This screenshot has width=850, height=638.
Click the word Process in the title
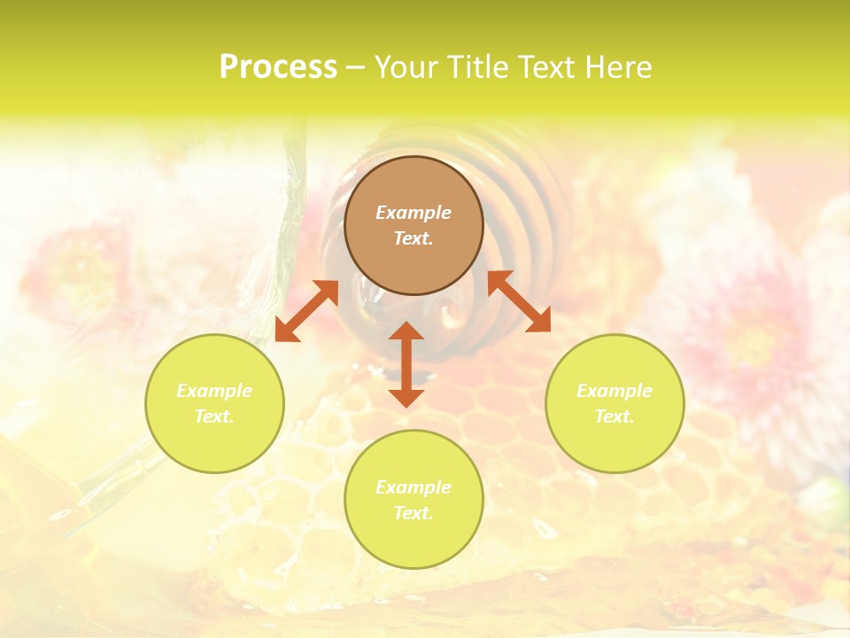(x=278, y=67)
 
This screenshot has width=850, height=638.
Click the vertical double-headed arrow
(x=406, y=364)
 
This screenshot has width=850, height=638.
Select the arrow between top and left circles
(x=306, y=311)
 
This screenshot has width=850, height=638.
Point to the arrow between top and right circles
(x=519, y=301)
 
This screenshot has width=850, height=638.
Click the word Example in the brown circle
(x=413, y=213)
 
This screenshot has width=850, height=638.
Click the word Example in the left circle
(x=214, y=391)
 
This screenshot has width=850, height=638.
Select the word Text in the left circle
(x=213, y=416)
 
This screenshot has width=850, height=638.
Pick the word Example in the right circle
(x=614, y=391)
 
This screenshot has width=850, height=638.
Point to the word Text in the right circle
(x=613, y=416)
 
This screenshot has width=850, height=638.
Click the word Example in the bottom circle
(x=413, y=487)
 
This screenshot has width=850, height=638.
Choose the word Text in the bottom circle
(x=412, y=513)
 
